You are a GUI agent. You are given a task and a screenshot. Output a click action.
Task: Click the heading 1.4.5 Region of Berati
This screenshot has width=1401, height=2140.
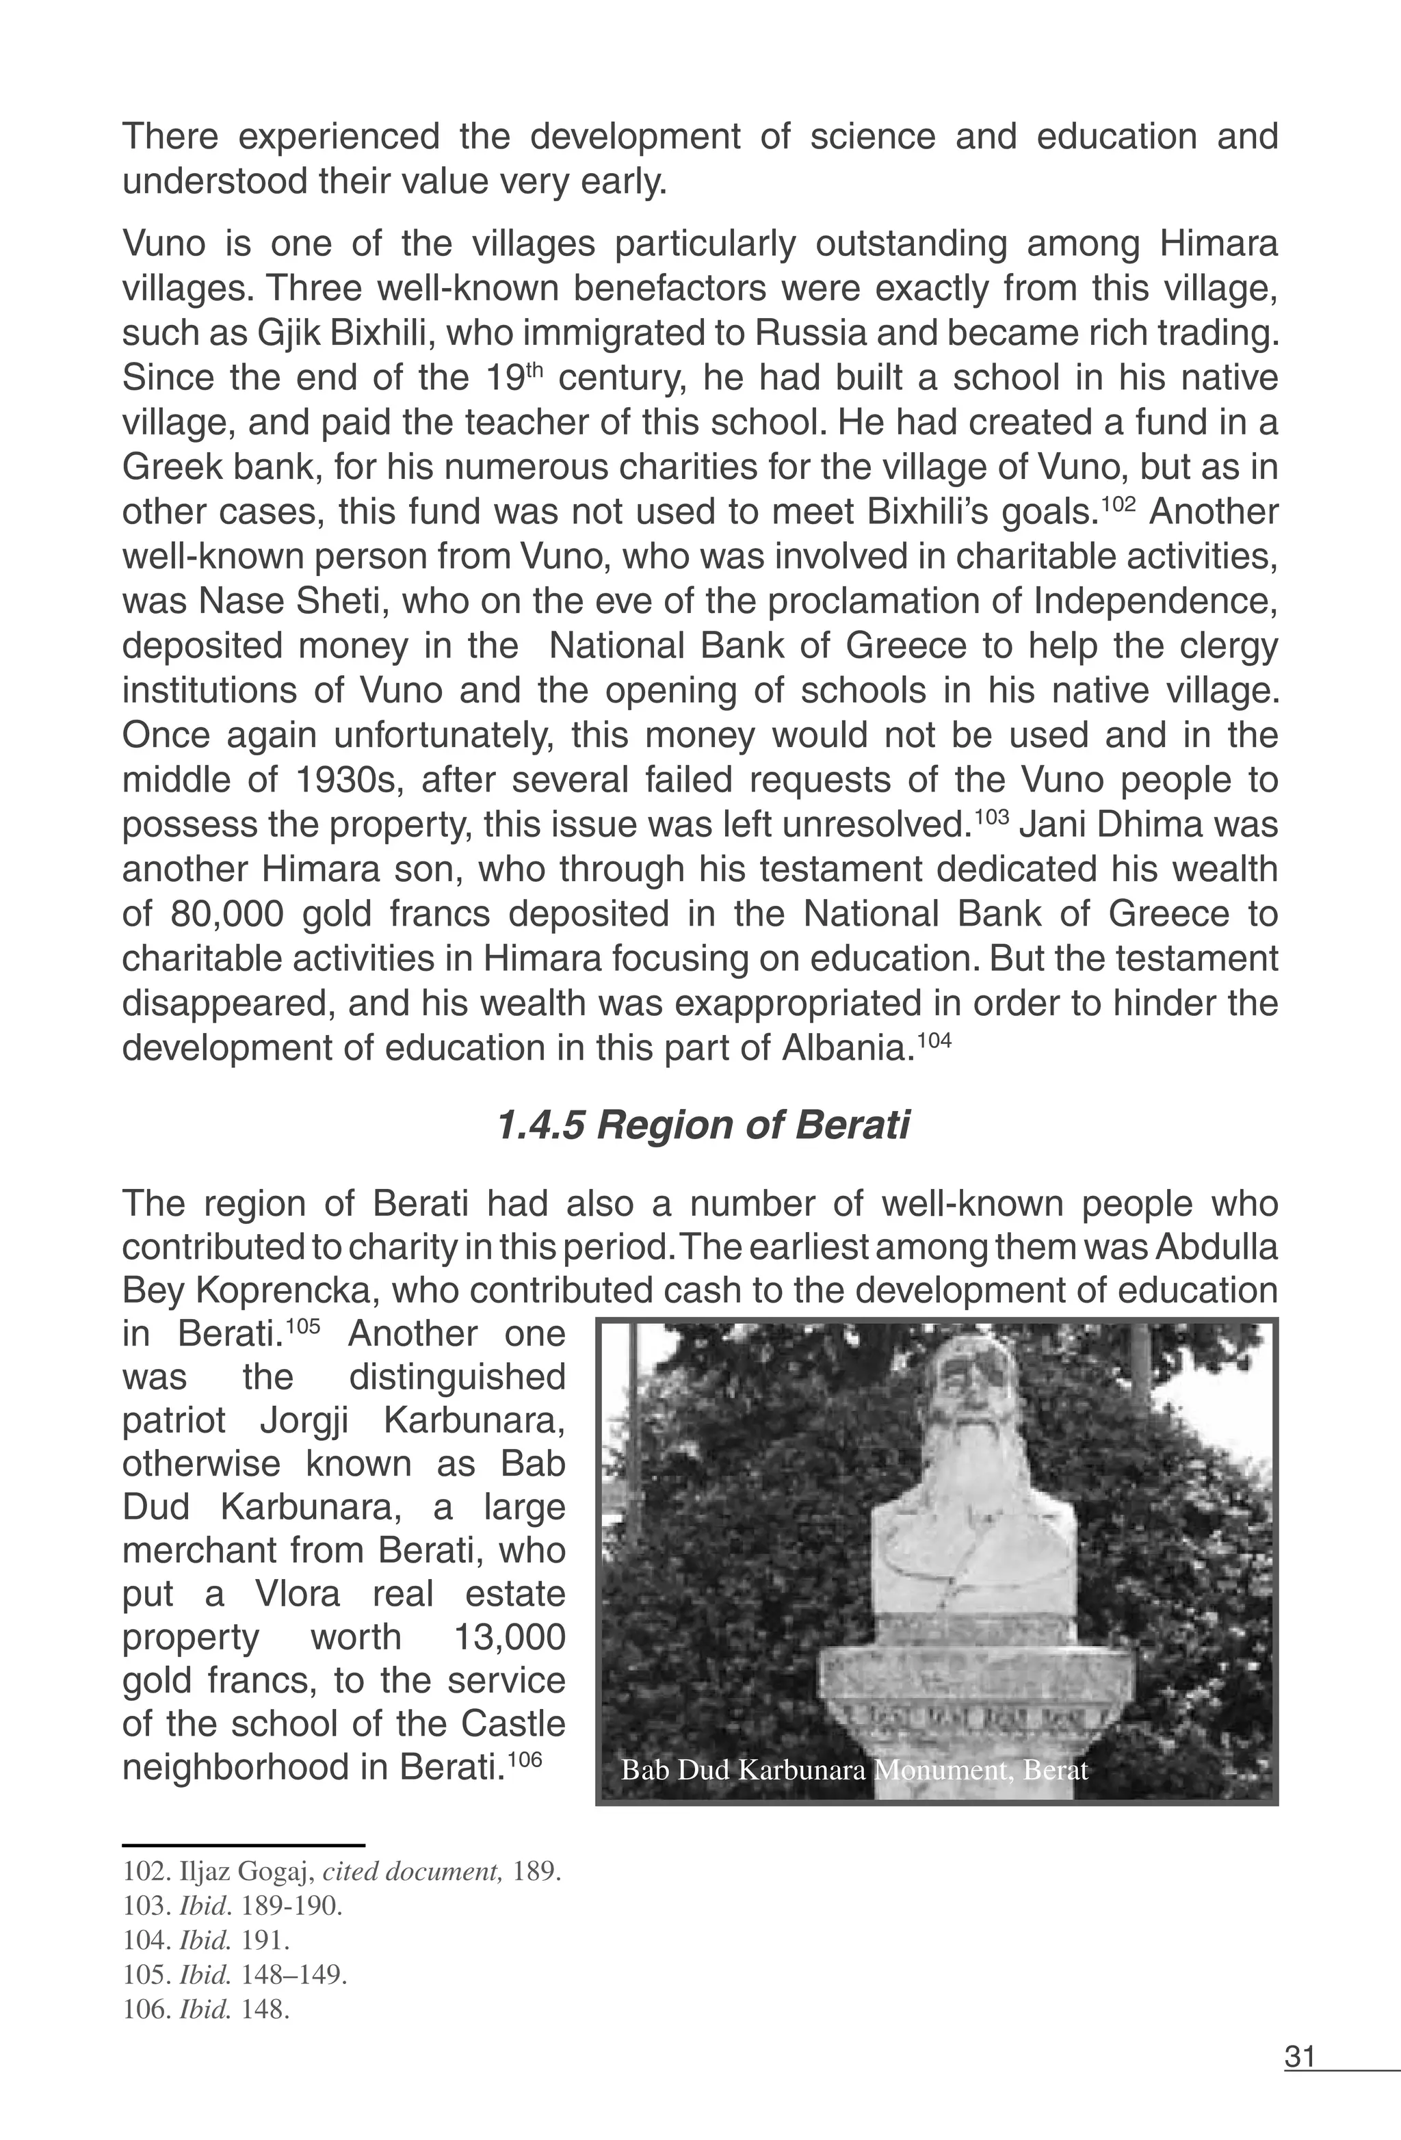(x=703, y=1125)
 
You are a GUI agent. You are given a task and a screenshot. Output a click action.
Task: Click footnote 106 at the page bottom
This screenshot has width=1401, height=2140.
(x=206, y=2009)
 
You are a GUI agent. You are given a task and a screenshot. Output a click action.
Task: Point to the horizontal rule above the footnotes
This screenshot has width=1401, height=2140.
(x=243, y=1844)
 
